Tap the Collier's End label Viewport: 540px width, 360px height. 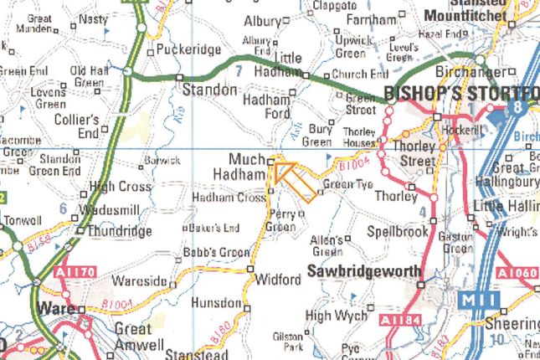[x=75, y=122]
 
